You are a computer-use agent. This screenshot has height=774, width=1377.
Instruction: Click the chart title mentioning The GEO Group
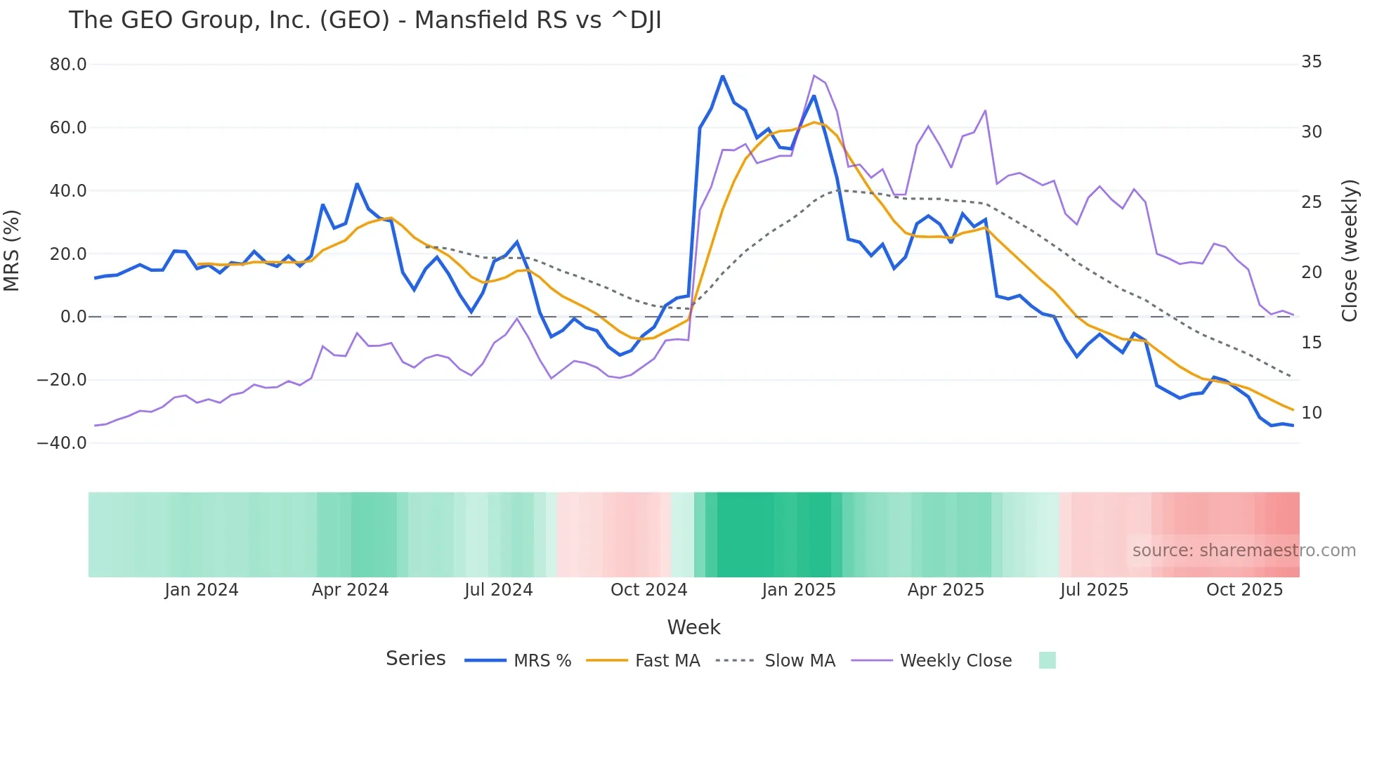(365, 20)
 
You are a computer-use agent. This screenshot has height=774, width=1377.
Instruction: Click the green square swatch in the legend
(1047, 660)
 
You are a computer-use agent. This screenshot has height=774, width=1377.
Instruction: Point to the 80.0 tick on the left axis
(68, 65)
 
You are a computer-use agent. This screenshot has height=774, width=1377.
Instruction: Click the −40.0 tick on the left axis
(62, 443)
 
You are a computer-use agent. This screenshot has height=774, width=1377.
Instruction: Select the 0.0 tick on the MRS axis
(73, 317)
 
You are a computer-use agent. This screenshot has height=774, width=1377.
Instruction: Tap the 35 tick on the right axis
(1311, 62)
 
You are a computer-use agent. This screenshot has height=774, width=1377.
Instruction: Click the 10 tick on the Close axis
(1311, 413)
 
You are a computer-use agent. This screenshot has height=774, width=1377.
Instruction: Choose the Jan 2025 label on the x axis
(799, 590)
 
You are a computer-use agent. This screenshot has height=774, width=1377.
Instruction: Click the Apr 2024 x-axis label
(350, 590)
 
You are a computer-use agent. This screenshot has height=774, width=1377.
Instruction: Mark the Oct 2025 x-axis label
(1244, 590)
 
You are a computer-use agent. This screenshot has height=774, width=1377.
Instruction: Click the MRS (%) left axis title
(12, 251)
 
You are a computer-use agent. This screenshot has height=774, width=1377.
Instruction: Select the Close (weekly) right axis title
(1349, 251)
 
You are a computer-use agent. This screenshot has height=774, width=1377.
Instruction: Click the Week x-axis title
(693, 627)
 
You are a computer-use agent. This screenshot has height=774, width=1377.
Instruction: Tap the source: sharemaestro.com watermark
(1244, 551)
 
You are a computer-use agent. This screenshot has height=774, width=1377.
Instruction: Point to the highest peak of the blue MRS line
(722, 76)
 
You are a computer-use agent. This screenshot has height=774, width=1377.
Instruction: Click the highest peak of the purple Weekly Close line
(814, 76)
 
